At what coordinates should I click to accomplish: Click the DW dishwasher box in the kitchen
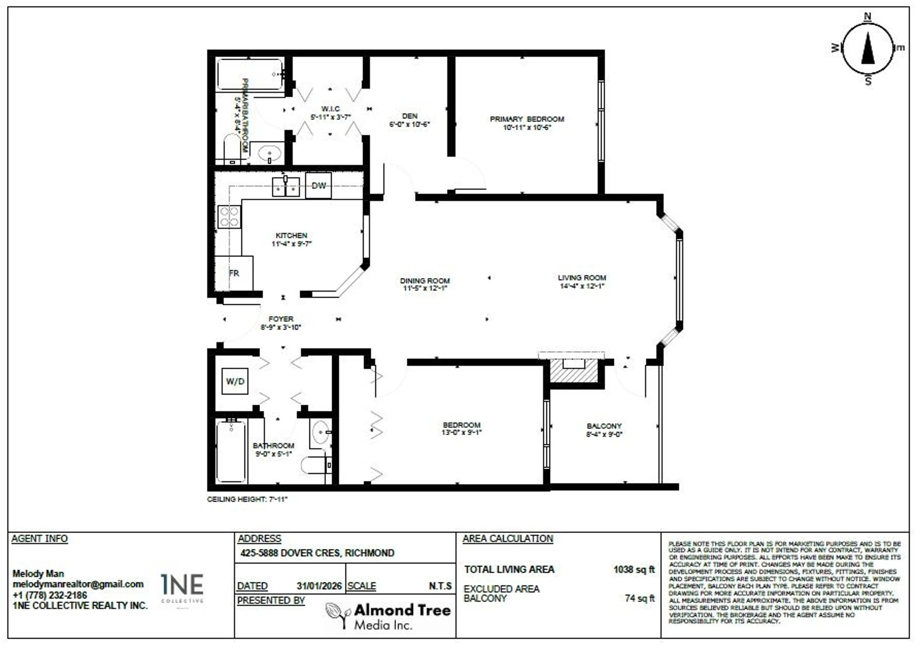319,186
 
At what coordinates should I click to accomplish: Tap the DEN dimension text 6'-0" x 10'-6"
409,124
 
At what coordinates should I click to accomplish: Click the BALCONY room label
604,426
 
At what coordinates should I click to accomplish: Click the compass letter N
867,17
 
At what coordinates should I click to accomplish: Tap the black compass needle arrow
868,49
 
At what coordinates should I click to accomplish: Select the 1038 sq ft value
634,569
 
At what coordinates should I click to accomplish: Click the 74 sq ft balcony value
640,599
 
